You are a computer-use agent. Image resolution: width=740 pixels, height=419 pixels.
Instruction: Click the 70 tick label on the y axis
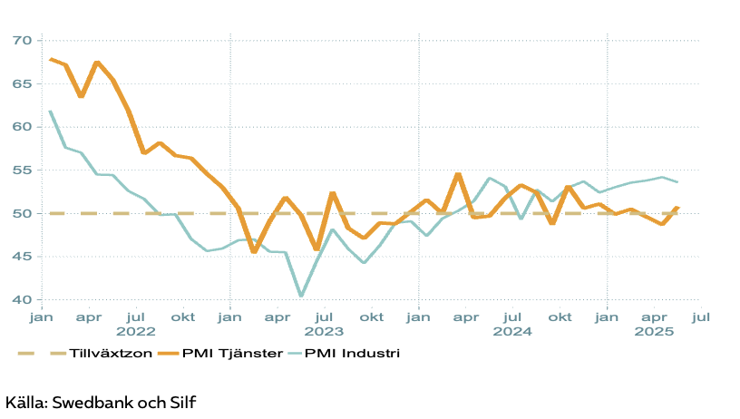click(x=22, y=41)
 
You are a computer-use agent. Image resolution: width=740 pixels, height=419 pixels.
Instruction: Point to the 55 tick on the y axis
click(x=22, y=171)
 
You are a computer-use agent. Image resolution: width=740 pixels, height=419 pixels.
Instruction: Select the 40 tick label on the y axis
click(x=22, y=300)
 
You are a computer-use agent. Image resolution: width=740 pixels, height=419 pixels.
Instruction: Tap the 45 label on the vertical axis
click(x=22, y=257)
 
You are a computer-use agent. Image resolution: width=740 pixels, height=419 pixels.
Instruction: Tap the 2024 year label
click(x=511, y=332)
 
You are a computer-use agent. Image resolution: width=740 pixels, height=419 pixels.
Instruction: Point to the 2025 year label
click(x=653, y=332)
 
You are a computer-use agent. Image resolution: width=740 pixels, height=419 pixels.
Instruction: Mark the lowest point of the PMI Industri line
click(x=301, y=296)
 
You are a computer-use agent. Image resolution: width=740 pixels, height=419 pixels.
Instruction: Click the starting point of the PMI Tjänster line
click(x=50, y=59)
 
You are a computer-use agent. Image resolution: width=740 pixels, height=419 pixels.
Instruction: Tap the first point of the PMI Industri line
click(x=50, y=111)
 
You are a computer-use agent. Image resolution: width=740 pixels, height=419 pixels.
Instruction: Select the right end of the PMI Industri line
click(x=677, y=182)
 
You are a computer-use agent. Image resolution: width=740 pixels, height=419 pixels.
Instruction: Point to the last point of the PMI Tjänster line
click(x=677, y=208)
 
